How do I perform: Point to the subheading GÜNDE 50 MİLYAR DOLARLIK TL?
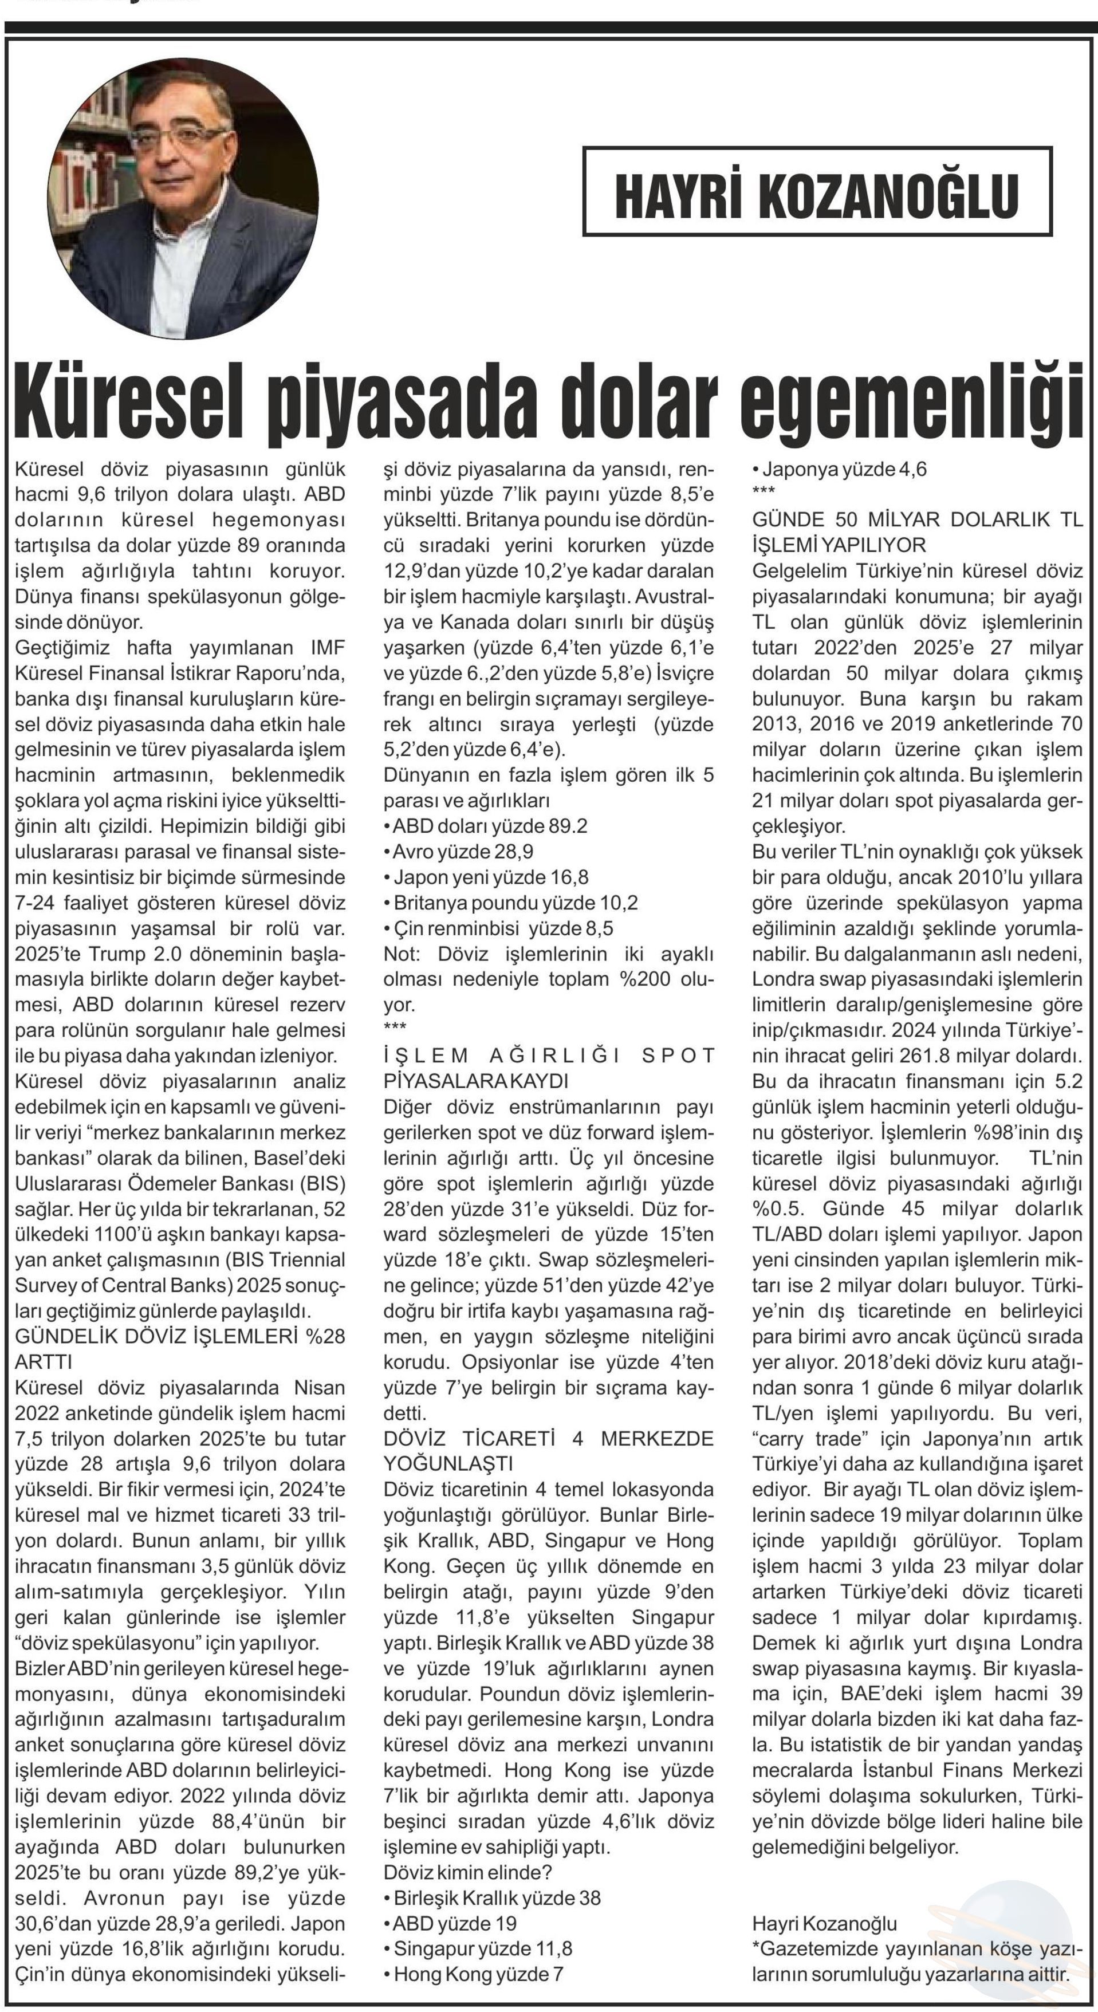point(917,520)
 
